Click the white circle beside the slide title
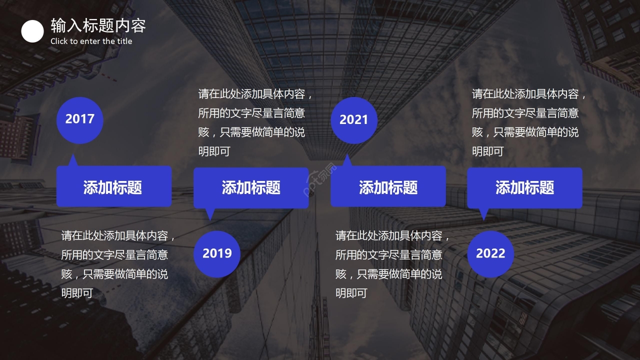coord(32,31)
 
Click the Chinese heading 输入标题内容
coord(98,25)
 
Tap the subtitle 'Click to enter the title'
coord(91,41)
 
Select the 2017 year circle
coord(79,119)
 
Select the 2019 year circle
coord(217,253)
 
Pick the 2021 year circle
coord(353,120)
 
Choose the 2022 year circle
coord(490,253)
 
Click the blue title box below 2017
coord(113,187)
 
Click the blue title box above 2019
coord(251,187)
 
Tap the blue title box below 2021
coord(388,187)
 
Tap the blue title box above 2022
coord(524,187)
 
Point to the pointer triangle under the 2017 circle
coord(73,161)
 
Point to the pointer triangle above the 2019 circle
coord(210,213)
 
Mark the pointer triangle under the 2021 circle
coord(347,161)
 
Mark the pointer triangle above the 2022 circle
coord(483,213)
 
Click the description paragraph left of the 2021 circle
coord(255,122)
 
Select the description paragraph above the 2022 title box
coord(528,122)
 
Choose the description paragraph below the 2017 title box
coord(118,264)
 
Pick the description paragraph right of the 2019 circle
coord(392,264)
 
